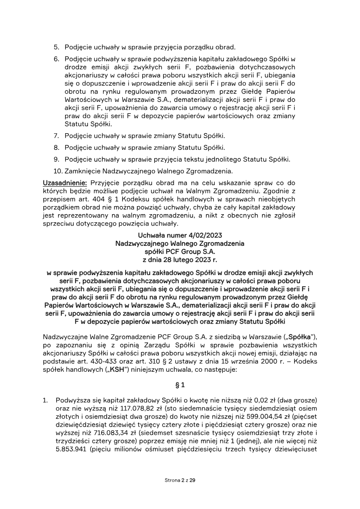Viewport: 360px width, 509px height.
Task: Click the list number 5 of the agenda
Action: click(56, 47)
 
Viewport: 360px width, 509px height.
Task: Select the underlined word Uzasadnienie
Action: click(65, 183)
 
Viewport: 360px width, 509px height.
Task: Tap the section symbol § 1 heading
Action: click(180, 385)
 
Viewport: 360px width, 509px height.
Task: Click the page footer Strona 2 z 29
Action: click(180, 481)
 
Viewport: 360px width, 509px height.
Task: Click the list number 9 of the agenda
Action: click(56, 159)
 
